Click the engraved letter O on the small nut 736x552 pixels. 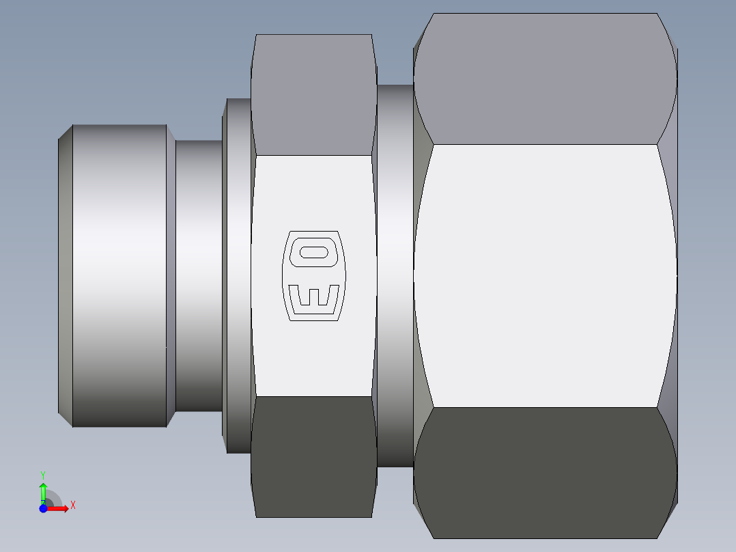(x=314, y=251)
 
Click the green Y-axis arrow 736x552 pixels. (x=43, y=491)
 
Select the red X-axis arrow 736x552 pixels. (x=60, y=509)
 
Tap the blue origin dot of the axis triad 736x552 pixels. (x=43, y=508)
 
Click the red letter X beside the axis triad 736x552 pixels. (x=73, y=506)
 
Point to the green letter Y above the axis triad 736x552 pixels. (x=43, y=474)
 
